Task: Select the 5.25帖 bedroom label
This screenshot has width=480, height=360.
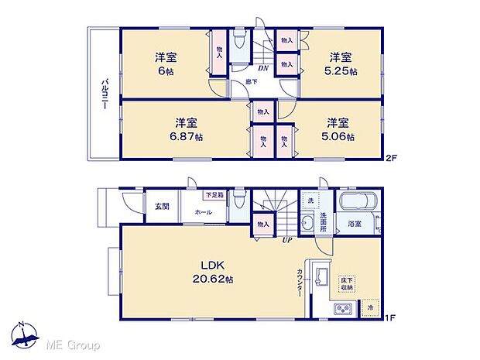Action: [341, 64]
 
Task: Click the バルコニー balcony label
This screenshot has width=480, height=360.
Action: [103, 94]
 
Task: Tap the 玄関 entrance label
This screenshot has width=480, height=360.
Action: [161, 206]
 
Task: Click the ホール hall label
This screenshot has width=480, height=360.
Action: [204, 211]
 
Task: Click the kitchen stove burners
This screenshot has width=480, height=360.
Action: [343, 310]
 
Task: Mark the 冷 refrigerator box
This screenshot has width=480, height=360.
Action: [371, 307]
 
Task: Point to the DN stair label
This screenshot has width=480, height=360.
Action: [264, 67]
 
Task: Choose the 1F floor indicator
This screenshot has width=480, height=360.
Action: [391, 317]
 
